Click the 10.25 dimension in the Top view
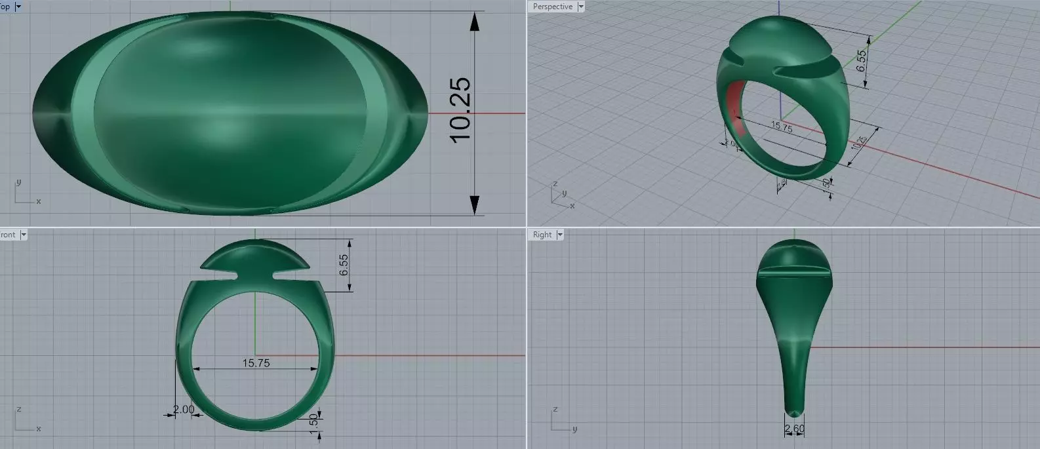(x=460, y=109)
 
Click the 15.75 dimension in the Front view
(x=256, y=362)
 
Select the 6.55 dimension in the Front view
(x=344, y=265)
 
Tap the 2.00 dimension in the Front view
(x=184, y=410)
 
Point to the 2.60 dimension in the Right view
(x=794, y=429)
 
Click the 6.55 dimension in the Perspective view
(x=862, y=60)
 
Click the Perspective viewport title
(x=552, y=7)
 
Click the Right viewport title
(x=542, y=235)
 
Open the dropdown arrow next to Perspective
(x=580, y=7)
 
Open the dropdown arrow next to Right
(x=560, y=235)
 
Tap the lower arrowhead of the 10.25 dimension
(x=474, y=204)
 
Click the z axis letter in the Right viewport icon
(x=555, y=409)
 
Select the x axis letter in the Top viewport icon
(x=39, y=201)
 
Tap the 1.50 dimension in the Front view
(x=313, y=420)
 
